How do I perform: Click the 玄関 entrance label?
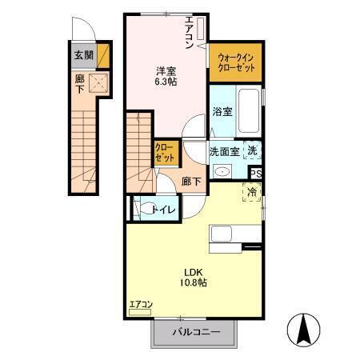(x=82, y=55)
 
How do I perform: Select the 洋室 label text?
(x=166, y=69)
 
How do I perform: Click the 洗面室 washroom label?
(x=224, y=150)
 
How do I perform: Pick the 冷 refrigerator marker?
(x=252, y=191)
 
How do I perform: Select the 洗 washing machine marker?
(x=252, y=150)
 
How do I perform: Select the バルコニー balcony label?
(x=194, y=332)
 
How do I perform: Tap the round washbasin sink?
(x=223, y=170)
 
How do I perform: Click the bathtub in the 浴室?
(x=247, y=113)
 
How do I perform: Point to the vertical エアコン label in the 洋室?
(x=189, y=33)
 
